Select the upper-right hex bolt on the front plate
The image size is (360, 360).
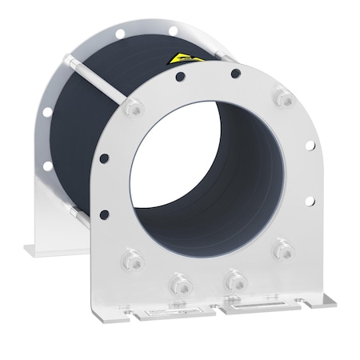281,98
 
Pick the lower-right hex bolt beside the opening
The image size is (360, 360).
281,251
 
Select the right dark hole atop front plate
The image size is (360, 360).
235,74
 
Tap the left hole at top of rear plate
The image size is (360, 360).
119,34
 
